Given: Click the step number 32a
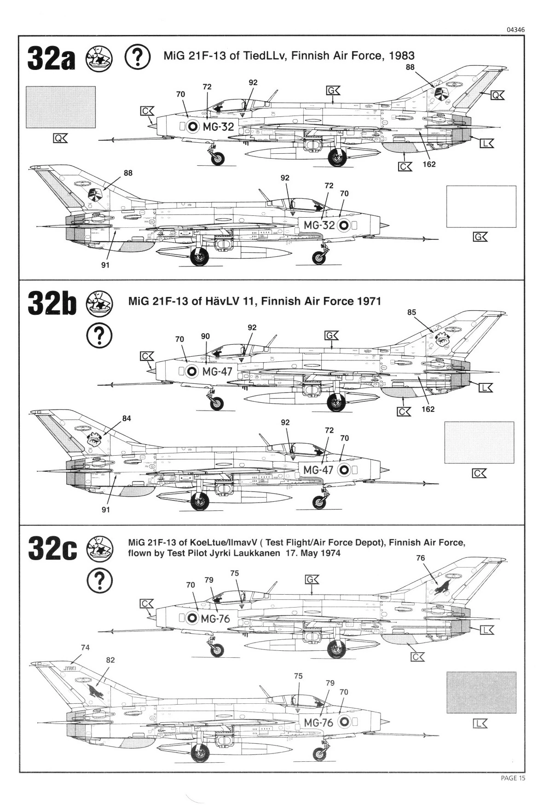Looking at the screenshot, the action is tap(50, 58).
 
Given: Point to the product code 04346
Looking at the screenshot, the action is tap(515, 30).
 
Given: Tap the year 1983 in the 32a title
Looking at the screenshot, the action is tap(402, 56).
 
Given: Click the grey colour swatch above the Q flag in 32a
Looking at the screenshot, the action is tap(61, 107).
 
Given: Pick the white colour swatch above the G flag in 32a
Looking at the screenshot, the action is tap(481, 207).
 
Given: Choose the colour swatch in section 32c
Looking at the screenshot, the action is tap(481, 692).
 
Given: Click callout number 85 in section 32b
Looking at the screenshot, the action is tap(411, 313).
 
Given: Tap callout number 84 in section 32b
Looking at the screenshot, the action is tap(127, 418).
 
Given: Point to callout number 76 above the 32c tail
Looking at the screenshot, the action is tap(421, 558).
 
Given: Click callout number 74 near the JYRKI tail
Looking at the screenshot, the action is tap(85, 647).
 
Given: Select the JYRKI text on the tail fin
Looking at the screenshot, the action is tap(69, 668).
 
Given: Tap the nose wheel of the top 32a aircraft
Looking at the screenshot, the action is tap(218, 159).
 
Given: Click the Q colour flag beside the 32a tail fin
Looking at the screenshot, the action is tap(497, 95).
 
